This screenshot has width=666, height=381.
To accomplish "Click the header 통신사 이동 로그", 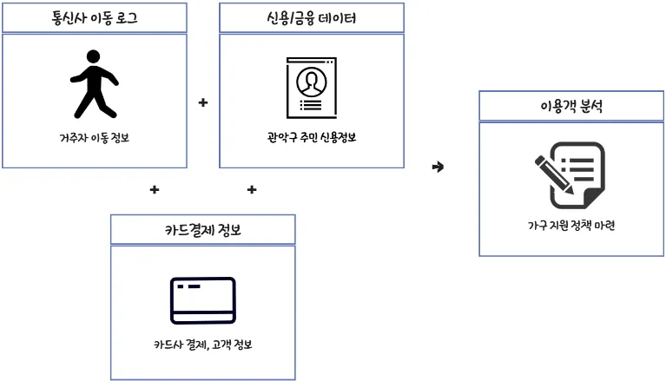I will pyautogui.click(x=95, y=17).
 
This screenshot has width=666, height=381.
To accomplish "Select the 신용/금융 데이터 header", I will pyautogui.click(x=311, y=17).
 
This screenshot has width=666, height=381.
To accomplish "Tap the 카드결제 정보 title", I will pyautogui.click(x=202, y=229).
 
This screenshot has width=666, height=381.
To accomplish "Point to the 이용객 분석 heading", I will pyautogui.click(x=571, y=108).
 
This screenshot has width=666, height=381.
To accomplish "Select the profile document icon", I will pyautogui.click(x=311, y=88).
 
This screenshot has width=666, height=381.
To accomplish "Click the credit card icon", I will pyautogui.click(x=202, y=299).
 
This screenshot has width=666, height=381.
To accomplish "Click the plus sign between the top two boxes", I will pyautogui.click(x=203, y=102).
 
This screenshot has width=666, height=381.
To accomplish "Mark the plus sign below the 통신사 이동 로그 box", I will pyautogui.click(x=155, y=189).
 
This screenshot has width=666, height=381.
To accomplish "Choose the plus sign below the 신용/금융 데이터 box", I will pyautogui.click(x=251, y=189).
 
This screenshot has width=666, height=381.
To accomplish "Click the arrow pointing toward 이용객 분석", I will pyautogui.click(x=438, y=167).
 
